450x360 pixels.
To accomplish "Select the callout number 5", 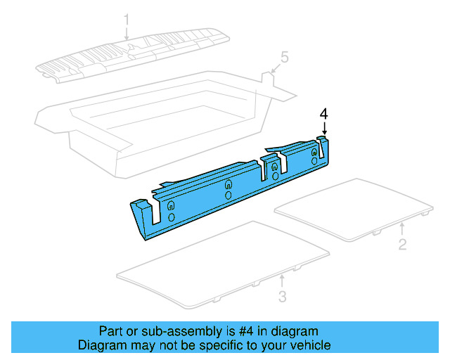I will point(284,56).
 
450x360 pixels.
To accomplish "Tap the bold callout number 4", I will point(324,113).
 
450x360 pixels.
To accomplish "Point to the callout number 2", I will point(402,245).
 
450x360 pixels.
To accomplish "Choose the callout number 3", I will point(282,297).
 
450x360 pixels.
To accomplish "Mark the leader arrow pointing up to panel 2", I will point(401,229).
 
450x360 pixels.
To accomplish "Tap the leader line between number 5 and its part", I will point(276,66).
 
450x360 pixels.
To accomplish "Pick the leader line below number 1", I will point(127,32).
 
